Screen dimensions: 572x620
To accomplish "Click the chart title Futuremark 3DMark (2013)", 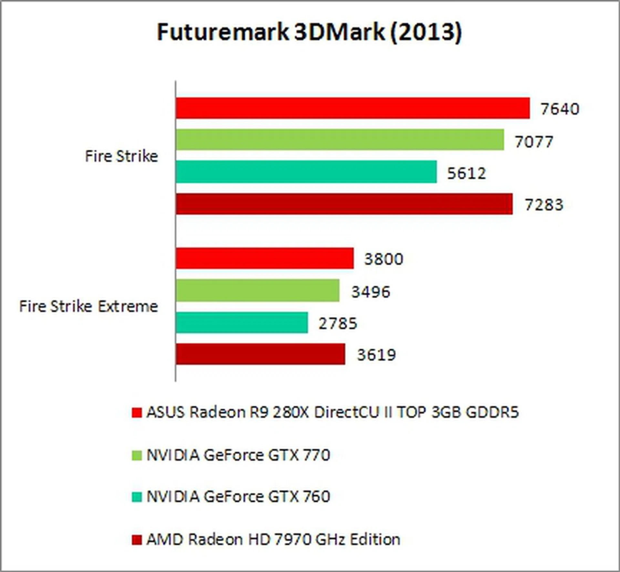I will point(309,32).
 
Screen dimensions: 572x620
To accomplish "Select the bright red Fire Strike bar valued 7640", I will point(353,108).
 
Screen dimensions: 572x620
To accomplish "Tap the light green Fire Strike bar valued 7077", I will point(340,140).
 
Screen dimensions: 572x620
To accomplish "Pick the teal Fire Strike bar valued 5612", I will point(306,172).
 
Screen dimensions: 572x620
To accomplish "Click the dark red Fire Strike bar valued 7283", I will point(344,204).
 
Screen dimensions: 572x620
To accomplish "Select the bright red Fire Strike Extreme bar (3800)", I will point(264,258).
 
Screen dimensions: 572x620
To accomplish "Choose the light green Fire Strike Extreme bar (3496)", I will point(257,290).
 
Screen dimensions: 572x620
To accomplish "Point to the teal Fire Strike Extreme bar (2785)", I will point(242,322).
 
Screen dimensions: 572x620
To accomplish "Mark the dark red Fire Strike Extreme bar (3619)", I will point(260,354).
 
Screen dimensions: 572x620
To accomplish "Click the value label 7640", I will point(560,109).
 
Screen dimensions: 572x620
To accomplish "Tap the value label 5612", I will point(466,173).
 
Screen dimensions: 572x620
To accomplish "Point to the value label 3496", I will point(371,292).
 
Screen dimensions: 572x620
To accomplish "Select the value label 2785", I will point(338,324).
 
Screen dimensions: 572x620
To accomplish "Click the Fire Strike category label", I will point(121,156).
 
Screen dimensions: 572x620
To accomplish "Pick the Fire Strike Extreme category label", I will point(88,306).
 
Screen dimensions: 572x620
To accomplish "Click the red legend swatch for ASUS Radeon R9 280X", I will point(137,413).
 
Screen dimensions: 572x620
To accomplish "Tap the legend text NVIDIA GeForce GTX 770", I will point(238,455).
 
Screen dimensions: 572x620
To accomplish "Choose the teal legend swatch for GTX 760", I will point(137,497).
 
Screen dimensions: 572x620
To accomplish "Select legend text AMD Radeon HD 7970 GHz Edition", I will point(273,539).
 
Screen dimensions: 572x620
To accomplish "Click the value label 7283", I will point(544,205).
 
